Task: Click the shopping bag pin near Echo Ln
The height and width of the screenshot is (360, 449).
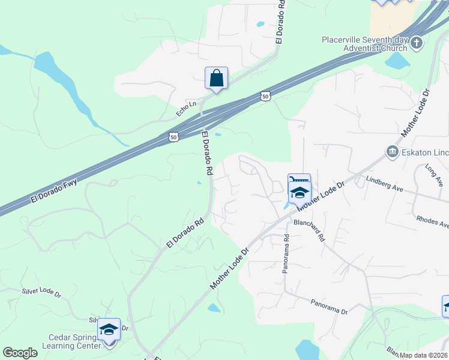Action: pyautogui.click(x=216, y=79)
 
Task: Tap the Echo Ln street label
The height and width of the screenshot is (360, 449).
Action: pyautogui.click(x=187, y=108)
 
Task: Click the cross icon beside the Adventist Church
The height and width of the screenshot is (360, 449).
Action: pyautogui.click(x=418, y=43)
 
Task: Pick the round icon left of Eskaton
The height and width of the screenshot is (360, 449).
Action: pyautogui.click(x=393, y=151)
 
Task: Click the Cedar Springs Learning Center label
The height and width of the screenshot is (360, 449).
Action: pyautogui.click(x=71, y=341)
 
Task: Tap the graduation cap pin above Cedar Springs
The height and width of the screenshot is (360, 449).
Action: pyautogui.click(x=109, y=329)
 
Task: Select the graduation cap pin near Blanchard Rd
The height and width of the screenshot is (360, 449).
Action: pyautogui.click(x=300, y=193)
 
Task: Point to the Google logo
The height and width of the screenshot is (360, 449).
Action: pyautogui.click(x=20, y=352)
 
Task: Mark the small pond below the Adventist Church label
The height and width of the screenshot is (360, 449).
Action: pyautogui.click(x=397, y=61)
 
